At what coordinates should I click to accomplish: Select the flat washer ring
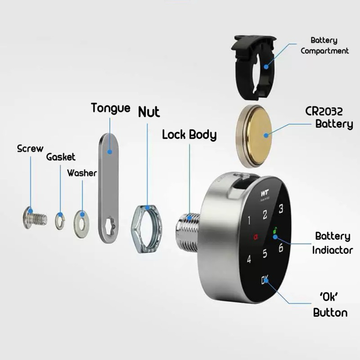[81, 220]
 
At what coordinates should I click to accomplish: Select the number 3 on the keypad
[281, 209]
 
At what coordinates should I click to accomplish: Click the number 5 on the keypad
[265, 254]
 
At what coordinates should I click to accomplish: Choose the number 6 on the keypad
[280, 247]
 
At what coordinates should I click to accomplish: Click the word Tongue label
[110, 108]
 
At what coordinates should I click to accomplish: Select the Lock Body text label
[189, 135]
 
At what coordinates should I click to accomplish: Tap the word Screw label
[30, 148]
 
